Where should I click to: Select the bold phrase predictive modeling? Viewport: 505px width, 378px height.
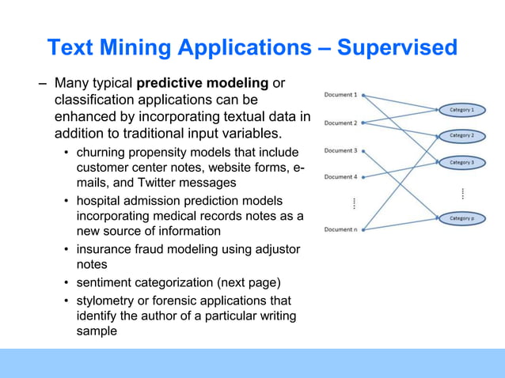(x=203, y=83)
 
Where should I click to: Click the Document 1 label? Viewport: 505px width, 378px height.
(x=340, y=95)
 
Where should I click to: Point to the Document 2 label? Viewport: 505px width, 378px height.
(x=340, y=123)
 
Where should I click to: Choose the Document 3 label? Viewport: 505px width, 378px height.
(x=340, y=150)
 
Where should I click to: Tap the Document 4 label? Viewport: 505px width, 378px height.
(x=340, y=177)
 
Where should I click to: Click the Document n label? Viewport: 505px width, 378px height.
(x=340, y=230)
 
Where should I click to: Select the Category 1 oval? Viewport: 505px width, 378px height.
(x=461, y=110)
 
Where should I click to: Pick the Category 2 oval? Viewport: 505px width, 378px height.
(x=461, y=136)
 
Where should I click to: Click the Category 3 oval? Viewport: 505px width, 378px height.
(x=461, y=163)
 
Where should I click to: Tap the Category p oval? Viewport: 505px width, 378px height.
(x=461, y=217)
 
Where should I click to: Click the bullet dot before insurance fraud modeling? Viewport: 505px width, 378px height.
(x=66, y=250)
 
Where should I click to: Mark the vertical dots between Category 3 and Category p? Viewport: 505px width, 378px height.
(x=461, y=192)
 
